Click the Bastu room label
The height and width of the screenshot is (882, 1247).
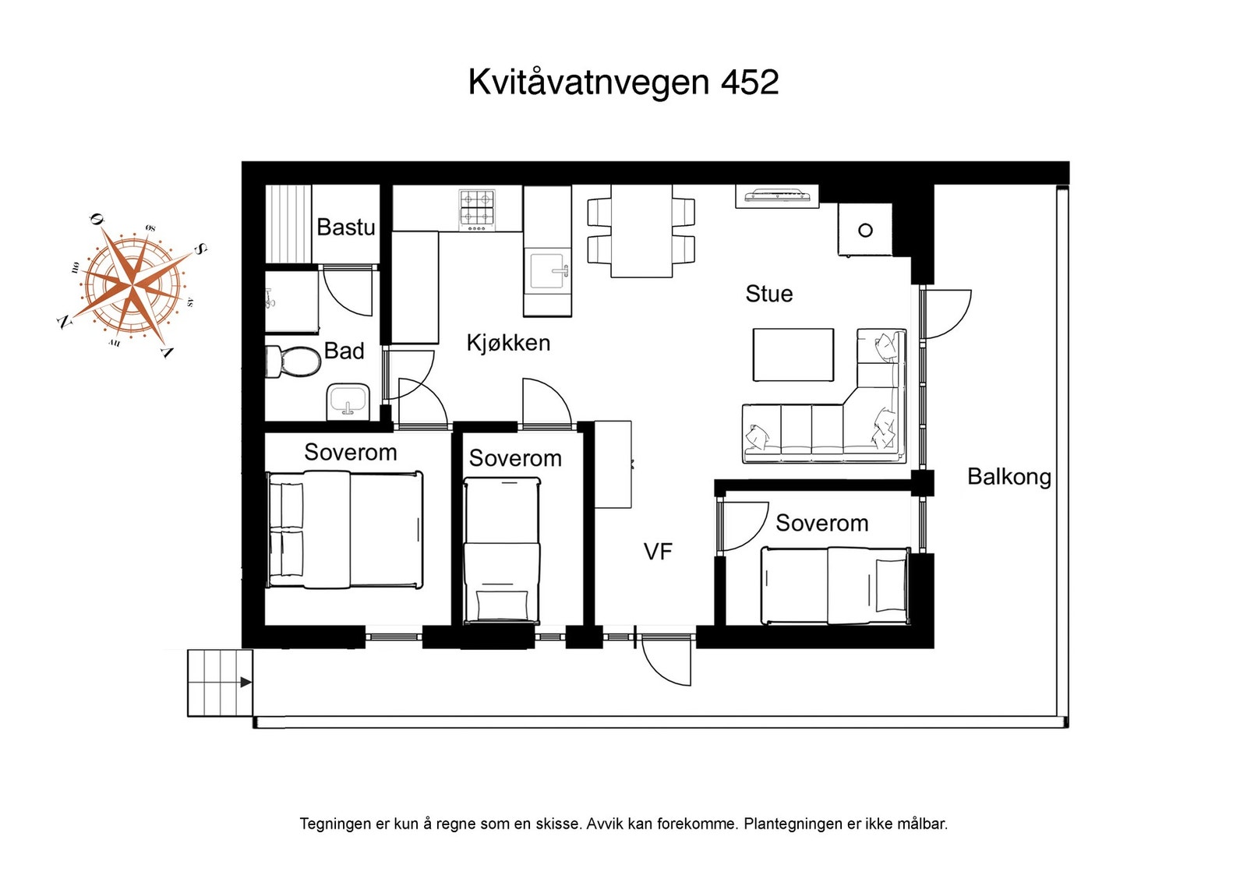click(x=345, y=228)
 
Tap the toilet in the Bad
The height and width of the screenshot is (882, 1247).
click(x=295, y=362)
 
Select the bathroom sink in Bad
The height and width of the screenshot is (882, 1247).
click(x=348, y=400)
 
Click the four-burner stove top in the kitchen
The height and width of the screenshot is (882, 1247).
click(x=477, y=210)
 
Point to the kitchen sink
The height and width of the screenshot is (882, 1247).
click(x=547, y=270)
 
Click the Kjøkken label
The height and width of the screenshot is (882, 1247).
click(x=508, y=343)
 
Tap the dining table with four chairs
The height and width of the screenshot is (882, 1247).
click(x=641, y=231)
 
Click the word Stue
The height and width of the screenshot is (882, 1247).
click(x=768, y=294)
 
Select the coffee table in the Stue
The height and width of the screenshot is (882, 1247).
click(x=793, y=355)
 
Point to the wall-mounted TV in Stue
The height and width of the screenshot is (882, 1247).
click(x=777, y=196)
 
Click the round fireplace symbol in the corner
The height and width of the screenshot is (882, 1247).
click(x=865, y=230)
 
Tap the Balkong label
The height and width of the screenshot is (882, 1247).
click(x=1009, y=476)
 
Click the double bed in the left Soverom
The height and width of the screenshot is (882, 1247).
click(x=344, y=530)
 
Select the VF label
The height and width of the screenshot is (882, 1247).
click(x=657, y=552)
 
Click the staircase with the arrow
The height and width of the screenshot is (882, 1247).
click(x=220, y=683)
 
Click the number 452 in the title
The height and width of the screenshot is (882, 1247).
click(x=749, y=83)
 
